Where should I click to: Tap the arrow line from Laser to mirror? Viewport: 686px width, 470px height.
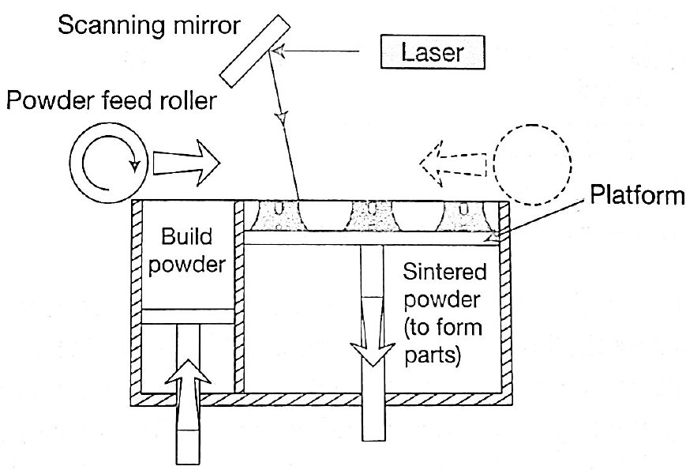324,53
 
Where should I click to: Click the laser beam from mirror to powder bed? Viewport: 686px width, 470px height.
286,126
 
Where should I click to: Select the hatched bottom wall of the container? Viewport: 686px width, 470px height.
316,397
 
